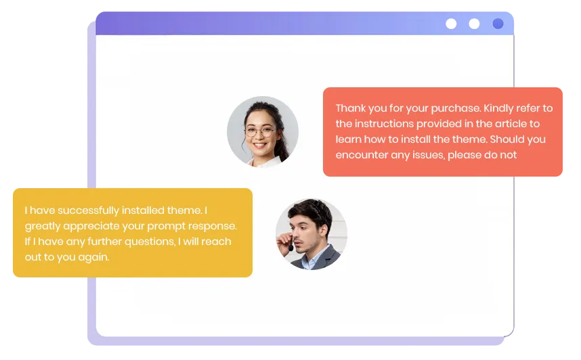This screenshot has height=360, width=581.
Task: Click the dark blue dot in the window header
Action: point(498,24)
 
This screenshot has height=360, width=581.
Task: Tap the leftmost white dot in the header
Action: point(451,24)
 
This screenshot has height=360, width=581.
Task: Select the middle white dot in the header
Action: point(474,24)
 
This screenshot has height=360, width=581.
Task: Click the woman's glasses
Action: point(260,131)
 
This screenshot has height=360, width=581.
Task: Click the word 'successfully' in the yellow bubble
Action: point(89,210)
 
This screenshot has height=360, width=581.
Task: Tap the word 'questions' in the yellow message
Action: point(150,242)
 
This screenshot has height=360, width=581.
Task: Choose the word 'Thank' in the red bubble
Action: point(351,108)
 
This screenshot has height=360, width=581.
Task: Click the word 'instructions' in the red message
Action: point(384,124)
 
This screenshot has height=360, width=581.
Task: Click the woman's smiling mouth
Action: point(260,145)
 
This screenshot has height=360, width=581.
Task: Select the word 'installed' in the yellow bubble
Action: point(143,210)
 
